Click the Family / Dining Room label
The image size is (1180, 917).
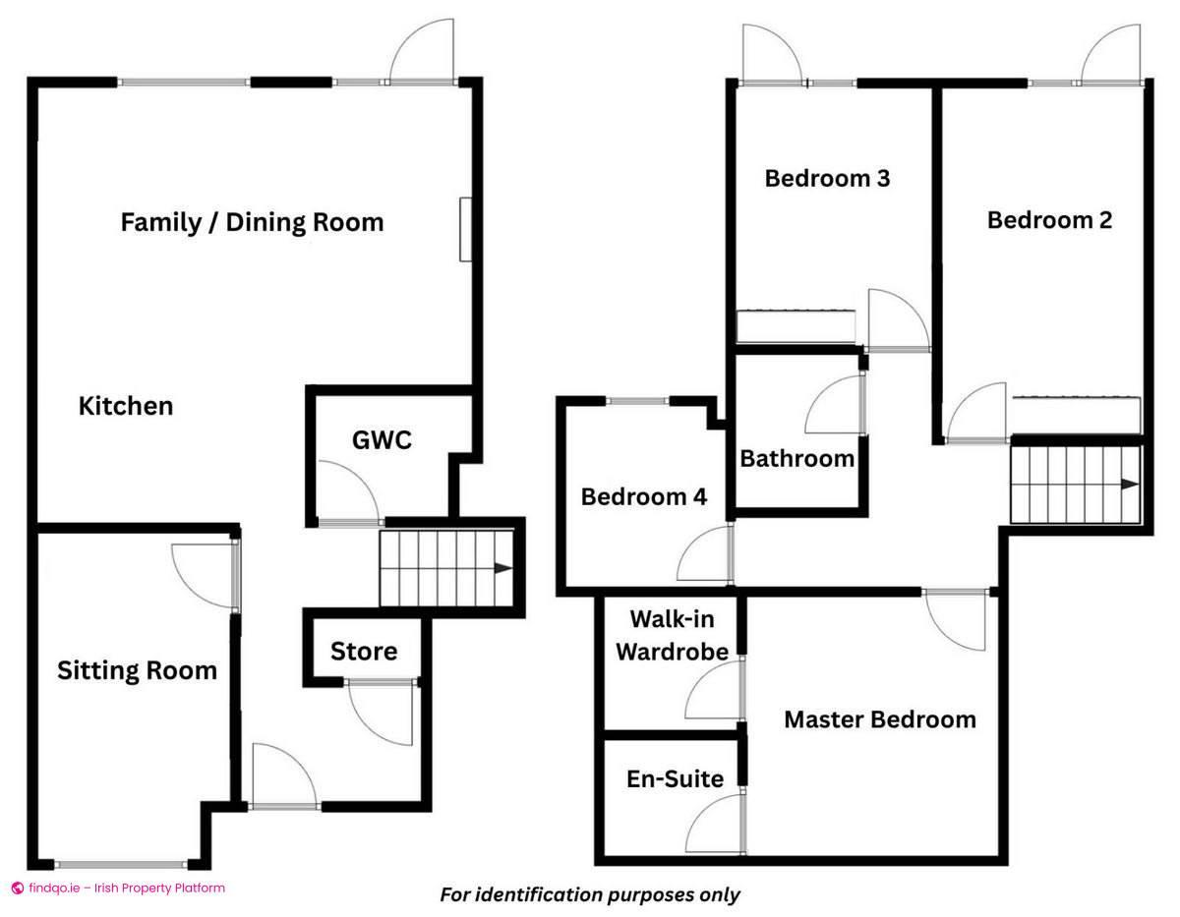point(252,222)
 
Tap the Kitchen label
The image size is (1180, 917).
point(126,406)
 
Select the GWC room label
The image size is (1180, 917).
point(382,440)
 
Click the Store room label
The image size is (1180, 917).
point(364,651)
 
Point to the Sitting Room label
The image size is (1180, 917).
point(137,671)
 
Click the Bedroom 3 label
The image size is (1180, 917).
point(827,178)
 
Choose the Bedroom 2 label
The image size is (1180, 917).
point(1049,220)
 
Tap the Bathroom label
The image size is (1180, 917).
point(797,458)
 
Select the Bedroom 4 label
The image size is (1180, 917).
point(643,496)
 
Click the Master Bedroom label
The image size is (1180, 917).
point(879,719)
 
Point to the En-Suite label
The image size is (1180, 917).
point(675,779)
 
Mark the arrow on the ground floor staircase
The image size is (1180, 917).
point(502,568)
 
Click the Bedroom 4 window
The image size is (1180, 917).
point(637,400)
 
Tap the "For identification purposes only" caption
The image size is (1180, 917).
point(589,894)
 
